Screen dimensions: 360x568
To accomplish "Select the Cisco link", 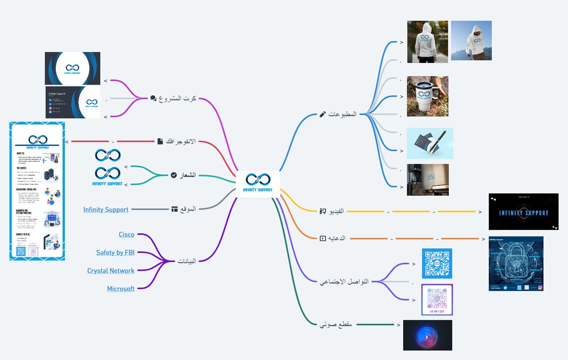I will [x=126, y=235].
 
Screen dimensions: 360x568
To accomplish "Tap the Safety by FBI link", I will [x=115, y=253].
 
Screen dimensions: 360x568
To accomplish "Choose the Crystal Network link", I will [x=111, y=271].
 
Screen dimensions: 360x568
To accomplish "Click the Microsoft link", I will [x=121, y=289].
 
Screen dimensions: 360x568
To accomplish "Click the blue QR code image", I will [x=437, y=263].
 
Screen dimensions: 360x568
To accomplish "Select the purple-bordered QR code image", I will [x=437, y=299].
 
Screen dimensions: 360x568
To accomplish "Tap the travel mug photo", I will [x=427, y=97].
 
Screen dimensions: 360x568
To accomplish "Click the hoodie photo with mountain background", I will [x=471, y=41].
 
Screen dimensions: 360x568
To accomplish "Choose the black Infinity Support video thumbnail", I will [x=523, y=211].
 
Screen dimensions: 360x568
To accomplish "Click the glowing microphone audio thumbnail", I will [x=427, y=335].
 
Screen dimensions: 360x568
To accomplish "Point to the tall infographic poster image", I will [x=37, y=191].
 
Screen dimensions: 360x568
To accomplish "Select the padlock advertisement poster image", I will [x=516, y=263].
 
